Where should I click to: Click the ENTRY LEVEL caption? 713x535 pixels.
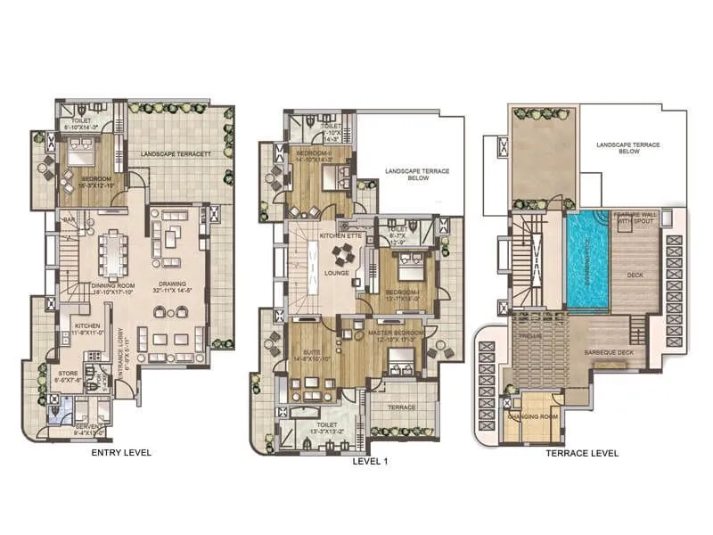coord(121,452)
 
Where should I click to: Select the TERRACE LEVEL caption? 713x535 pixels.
coord(582,453)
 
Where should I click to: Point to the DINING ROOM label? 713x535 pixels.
coord(113,284)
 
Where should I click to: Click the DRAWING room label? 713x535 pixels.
coord(178,284)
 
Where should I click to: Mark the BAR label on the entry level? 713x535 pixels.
coord(68,218)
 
